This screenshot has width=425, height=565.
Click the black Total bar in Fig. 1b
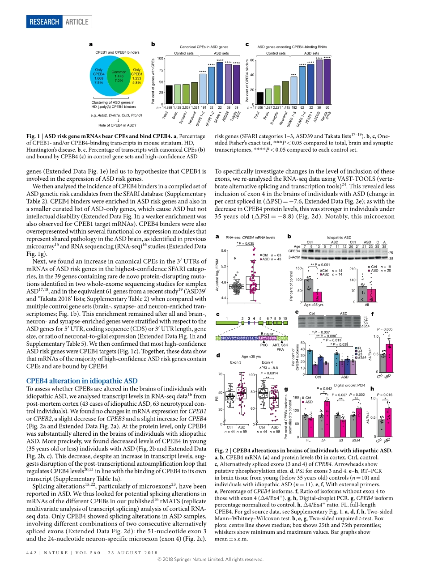tap(169, 95)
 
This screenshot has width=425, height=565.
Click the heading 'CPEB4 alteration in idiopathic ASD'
tap(82, 381)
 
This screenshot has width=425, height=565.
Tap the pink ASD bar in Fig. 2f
tap(389, 358)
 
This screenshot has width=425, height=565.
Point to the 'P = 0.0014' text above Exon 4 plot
tap(269, 373)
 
